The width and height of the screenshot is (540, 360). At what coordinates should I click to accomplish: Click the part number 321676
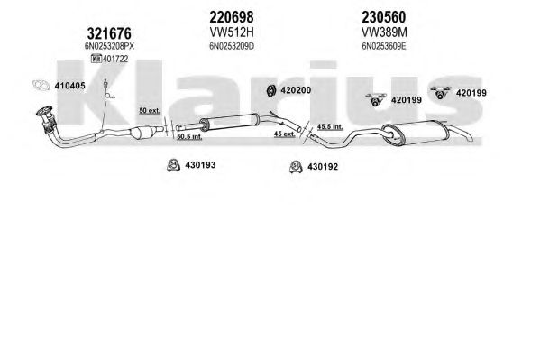109,33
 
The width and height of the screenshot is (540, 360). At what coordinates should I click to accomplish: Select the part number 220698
232,16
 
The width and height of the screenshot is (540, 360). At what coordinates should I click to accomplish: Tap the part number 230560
384,16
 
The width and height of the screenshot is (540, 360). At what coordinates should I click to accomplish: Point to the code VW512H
232,32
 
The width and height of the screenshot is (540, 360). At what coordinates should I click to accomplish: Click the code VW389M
384,32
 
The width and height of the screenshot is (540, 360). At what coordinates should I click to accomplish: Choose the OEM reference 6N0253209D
232,46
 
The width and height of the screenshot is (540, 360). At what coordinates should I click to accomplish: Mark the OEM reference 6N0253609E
384,46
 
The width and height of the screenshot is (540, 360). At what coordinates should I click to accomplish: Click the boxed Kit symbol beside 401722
96,59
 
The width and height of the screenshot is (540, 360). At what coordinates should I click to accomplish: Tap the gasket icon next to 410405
41,85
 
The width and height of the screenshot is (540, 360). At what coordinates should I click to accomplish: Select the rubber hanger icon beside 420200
271,90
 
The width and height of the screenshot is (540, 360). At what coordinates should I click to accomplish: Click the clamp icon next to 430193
173,165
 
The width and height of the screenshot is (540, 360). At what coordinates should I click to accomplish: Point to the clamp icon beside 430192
296,167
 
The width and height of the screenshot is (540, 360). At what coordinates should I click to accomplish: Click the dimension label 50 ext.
150,111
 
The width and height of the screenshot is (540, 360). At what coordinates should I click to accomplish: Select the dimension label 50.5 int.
189,136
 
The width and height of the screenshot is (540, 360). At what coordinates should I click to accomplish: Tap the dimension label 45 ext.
285,134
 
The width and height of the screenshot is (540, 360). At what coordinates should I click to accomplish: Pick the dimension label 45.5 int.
330,126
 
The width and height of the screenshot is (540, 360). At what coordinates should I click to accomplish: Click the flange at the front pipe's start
44,112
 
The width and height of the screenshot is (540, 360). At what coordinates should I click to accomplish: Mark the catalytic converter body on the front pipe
141,133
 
